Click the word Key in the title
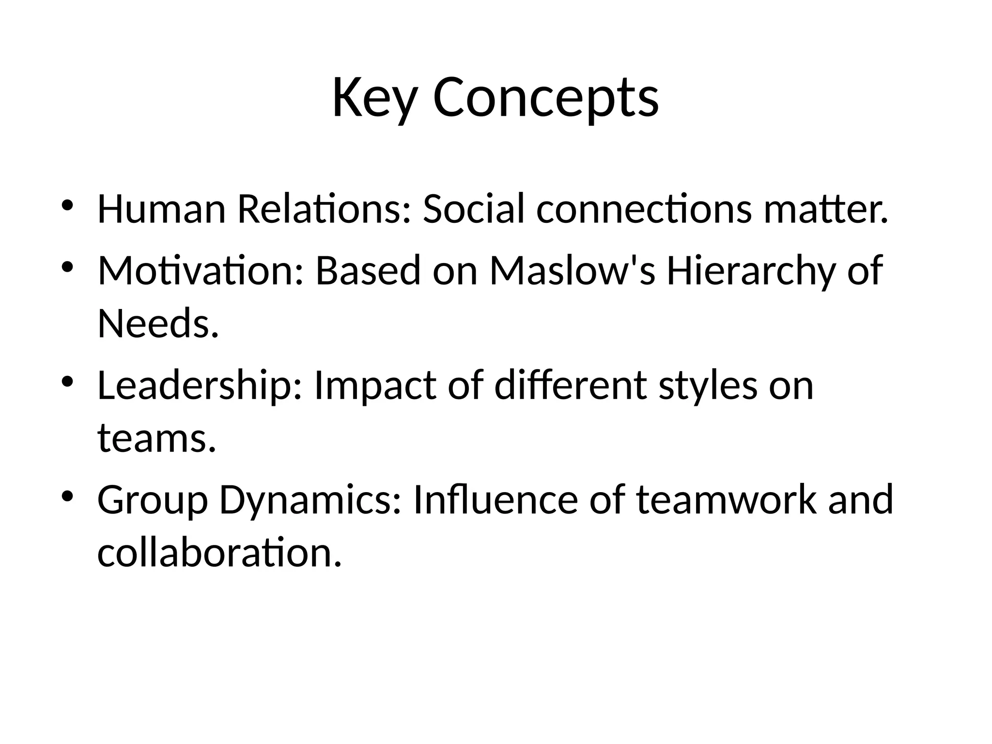[374, 98]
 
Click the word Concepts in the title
[545, 98]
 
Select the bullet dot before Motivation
[67, 266]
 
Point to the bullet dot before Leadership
[67, 381]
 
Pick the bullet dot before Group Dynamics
[67, 496]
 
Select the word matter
[826, 209]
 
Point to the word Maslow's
[572, 270]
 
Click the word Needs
[158, 324]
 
